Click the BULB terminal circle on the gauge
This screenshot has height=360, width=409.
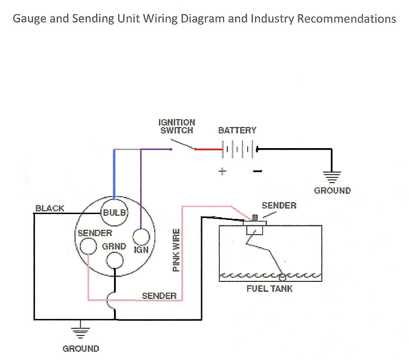(114, 212)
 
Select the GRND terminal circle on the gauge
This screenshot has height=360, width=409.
(115, 261)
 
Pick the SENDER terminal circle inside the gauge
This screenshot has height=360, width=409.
(88, 246)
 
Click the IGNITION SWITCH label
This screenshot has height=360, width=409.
(177, 126)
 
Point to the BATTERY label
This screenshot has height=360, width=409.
(237, 130)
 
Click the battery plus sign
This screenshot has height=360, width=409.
(222, 171)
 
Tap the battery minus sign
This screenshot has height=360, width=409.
(257, 171)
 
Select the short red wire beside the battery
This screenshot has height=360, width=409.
(209, 149)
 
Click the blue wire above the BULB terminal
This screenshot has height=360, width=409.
(114, 173)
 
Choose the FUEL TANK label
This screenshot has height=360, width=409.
(270, 289)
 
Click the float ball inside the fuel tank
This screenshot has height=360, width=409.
(282, 276)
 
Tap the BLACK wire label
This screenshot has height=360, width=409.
(50, 208)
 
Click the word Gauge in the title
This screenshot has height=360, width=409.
(28, 19)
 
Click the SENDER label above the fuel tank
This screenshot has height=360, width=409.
(279, 205)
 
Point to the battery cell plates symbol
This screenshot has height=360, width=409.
(238, 149)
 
